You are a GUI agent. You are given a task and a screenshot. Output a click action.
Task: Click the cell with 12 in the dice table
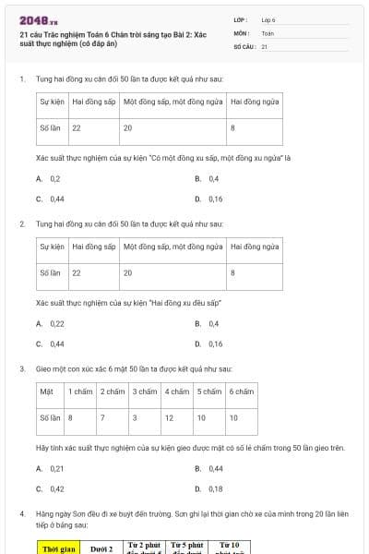coord(169,417)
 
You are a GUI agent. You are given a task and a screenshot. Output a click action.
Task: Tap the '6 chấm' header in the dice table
coord(242,391)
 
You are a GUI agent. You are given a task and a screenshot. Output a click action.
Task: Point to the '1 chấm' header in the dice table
coord(81,391)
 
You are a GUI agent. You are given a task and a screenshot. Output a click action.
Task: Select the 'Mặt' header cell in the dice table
coord(46,391)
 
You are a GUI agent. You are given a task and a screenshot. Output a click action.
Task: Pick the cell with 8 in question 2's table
coord(232,272)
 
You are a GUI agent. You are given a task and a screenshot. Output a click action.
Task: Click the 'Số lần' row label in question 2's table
coord(50,272)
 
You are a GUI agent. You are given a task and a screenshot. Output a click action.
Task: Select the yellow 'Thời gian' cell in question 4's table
coord(60,548)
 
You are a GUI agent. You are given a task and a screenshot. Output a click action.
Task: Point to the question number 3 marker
coord(21,368)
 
